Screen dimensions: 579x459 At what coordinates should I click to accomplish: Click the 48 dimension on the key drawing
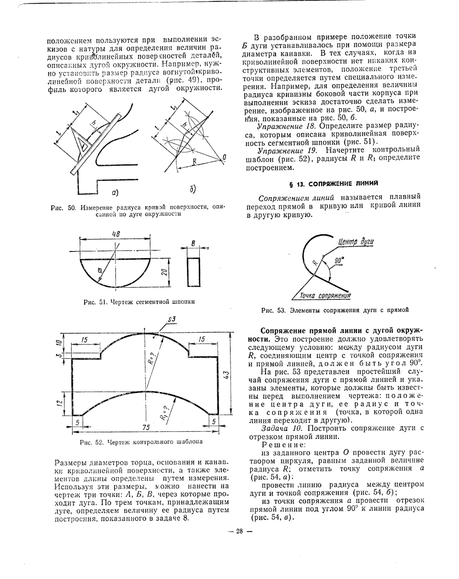[116, 233]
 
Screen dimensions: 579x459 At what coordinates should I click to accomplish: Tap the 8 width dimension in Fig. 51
[193, 244]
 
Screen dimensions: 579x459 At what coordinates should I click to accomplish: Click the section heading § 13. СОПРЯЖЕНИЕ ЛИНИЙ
[333, 182]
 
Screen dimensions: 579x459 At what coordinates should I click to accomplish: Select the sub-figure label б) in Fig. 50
[193, 188]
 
